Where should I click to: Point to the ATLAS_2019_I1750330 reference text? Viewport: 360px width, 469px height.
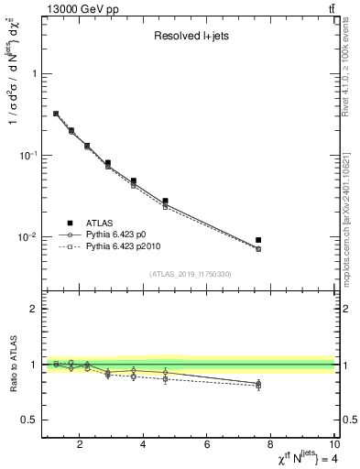pos(190,273)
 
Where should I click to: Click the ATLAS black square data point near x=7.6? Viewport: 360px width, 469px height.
pos(258,240)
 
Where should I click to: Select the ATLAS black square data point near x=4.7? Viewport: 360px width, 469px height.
pos(165,201)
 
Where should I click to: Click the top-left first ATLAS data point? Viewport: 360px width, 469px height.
pos(56,114)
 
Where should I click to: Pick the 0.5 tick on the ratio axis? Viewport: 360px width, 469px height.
pos(29,420)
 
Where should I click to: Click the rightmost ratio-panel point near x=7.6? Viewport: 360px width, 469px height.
pos(258,384)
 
